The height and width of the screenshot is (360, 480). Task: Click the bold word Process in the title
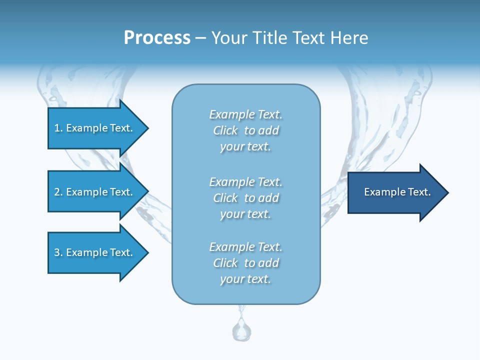tap(157, 38)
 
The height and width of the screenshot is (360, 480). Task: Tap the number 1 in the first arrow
tap(57, 128)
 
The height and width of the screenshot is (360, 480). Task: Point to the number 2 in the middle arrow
tap(57, 192)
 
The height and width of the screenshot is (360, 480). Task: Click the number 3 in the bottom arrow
tap(57, 252)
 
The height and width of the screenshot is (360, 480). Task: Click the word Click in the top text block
tap(225, 130)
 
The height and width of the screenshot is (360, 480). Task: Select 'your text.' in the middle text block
tap(245, 214)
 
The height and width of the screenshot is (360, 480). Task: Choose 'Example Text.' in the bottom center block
tap(245, 247)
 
